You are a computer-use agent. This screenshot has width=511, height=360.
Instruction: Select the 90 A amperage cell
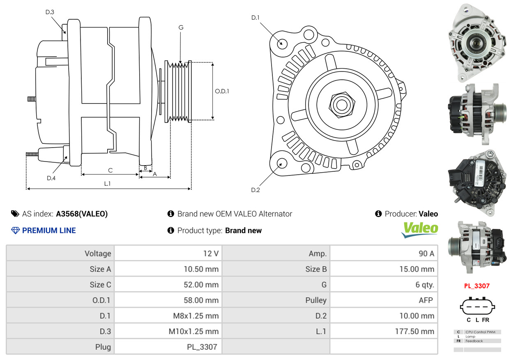(426, 254)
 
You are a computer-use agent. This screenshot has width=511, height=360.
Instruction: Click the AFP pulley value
(426, 300)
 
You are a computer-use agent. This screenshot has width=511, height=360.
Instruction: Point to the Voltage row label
(97, 254)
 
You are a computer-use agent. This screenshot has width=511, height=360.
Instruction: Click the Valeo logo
(419, 229)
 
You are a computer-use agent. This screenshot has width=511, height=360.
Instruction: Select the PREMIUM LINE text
(48, 231)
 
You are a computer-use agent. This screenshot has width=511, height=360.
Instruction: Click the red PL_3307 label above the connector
(477, 286)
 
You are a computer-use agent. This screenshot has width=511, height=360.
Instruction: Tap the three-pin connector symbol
(477, 306)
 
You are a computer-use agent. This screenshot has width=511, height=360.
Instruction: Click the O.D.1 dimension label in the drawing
(222, 91)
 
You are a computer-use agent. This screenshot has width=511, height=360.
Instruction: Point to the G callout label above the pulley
(181, 28)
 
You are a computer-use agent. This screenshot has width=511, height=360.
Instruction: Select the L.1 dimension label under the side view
(107, 184)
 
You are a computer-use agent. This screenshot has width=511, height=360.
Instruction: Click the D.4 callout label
(51, 178)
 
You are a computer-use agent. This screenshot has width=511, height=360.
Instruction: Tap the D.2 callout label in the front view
(255, 190)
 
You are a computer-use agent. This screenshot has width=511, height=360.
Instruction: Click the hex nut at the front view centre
(341, 104)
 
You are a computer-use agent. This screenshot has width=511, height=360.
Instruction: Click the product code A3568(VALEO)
(82, 214)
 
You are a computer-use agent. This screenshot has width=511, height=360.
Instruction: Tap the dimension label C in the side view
(110, 170)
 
